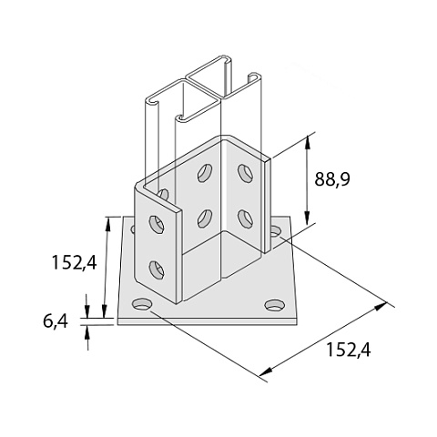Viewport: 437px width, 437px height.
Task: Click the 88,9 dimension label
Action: (332, 178)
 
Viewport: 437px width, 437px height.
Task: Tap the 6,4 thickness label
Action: (55, 321)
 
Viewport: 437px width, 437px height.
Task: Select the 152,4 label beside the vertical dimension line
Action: (74, 262)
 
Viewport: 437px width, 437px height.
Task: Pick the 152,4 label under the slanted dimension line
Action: (348, 350)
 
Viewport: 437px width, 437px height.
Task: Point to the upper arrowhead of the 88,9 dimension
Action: (308, 142)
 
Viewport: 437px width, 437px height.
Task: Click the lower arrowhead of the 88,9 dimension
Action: (307, 218)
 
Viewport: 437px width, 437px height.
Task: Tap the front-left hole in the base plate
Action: (142, 304)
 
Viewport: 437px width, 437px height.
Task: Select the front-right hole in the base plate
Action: (275, 305)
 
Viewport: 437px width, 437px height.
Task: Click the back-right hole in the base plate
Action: (276, 231)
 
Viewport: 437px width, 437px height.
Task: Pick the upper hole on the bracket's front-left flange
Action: (157, 224)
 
